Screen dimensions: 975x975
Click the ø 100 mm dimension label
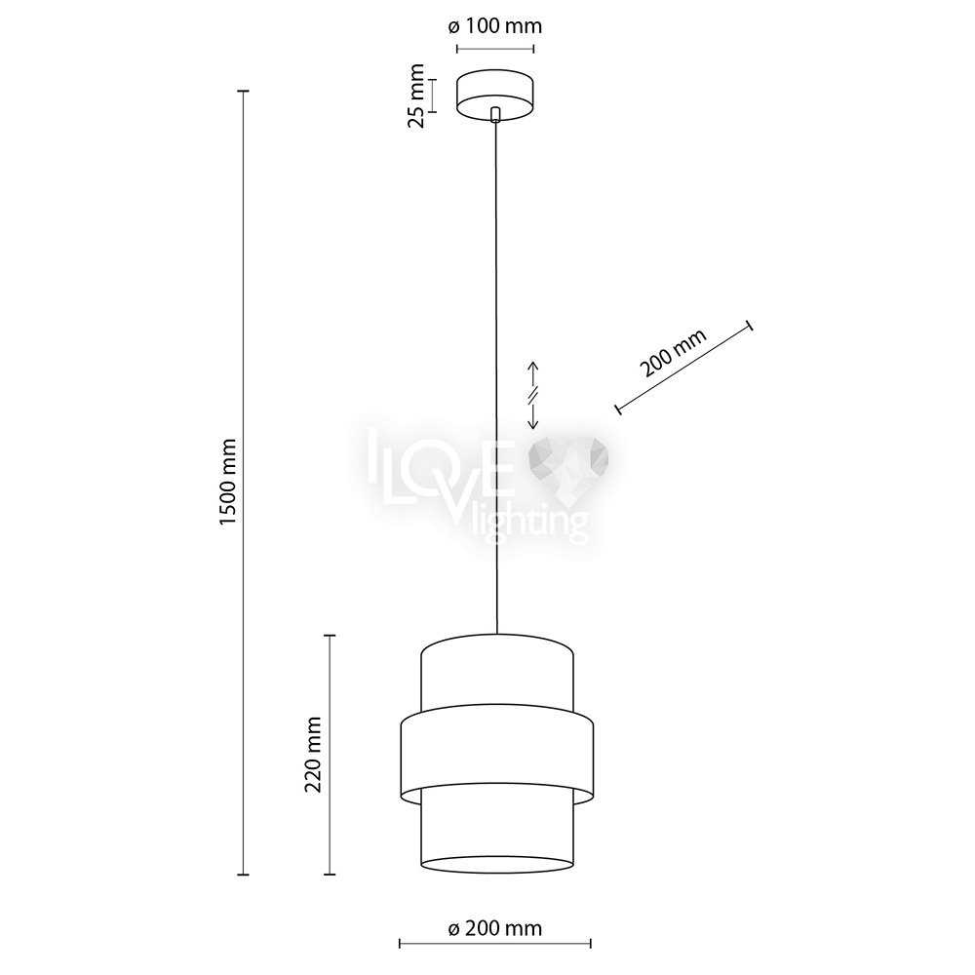coord(495,26)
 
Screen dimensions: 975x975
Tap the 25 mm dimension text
coord(416,96)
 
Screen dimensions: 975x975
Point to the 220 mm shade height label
coord(313,755)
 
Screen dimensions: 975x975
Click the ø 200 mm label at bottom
coord(495,928)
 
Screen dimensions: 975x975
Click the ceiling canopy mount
coord(495,96)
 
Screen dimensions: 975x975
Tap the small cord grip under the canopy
coord(495,114)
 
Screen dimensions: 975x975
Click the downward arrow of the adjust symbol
coord(533,415)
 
